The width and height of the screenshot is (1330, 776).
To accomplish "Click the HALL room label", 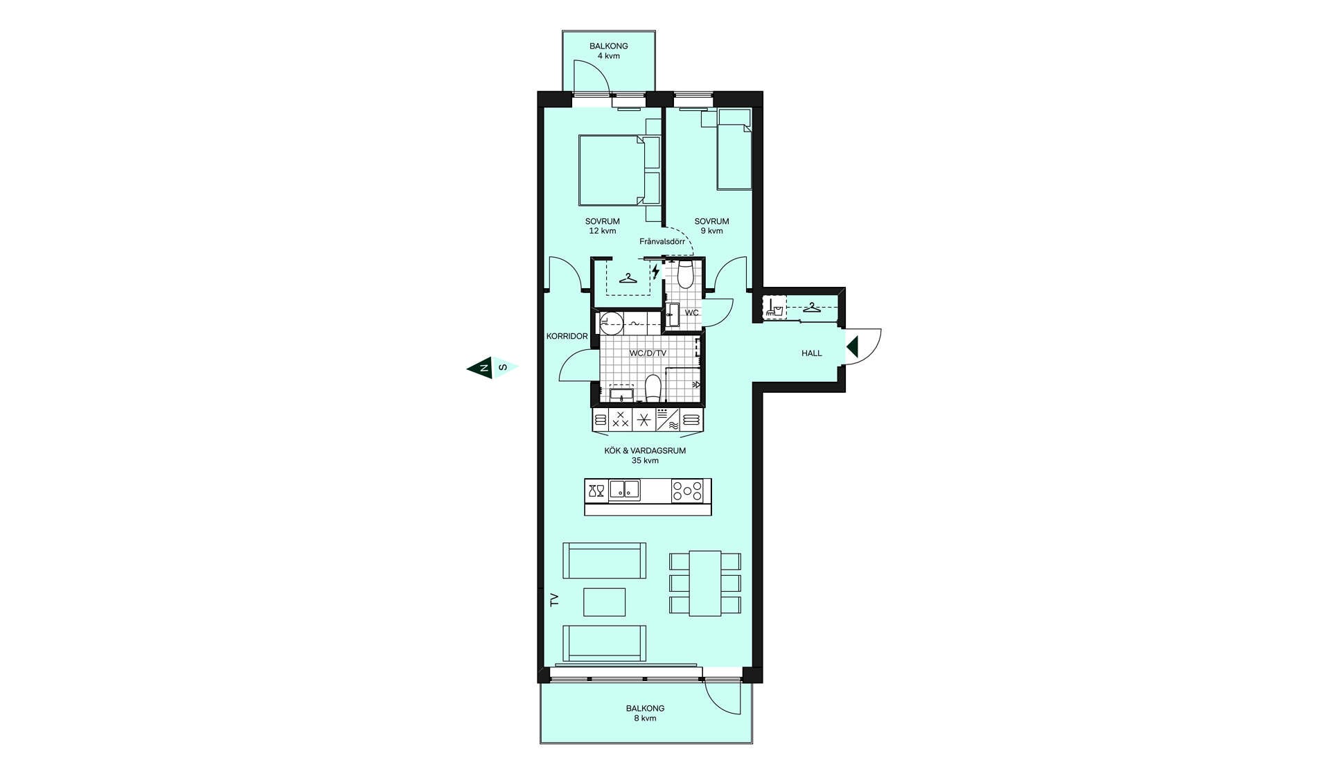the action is pyautogui.click(x=812, y=353).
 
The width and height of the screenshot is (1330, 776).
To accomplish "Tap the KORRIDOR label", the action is pyautogui.click(x=567, y=336).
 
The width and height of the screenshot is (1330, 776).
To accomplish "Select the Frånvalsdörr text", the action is pyautogui.click(x=662, y=242).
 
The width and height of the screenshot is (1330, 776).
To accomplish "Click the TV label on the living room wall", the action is pyautogui.click(x=554, y=599).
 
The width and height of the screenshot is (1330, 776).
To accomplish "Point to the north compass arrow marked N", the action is pyautogui.click(x=479, y=367).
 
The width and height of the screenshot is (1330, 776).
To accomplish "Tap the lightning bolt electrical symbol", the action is pyautogui.click(x=655, y=271).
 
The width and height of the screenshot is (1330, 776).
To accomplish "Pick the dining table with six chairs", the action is pyautogui.click(x=705, y=583).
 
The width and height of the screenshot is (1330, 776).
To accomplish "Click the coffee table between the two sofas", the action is pyautogui.click(x=605, y=602).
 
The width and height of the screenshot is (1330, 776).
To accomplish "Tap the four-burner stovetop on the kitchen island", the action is pyautogui.click(x=687, y=491).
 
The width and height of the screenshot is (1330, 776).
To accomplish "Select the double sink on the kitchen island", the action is pyautogui.click(x=625, y=491).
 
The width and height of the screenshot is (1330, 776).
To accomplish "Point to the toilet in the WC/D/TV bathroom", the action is pyautogui.click(x=653, y=389).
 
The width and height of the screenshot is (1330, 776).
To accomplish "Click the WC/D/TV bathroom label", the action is pyautogui.click(x=648, y=353).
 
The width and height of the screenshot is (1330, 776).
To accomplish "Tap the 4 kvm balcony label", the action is pyautogui.click(x=609, y=51).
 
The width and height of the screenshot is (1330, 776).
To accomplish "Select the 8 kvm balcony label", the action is pyautogui.click(x=645, y=714).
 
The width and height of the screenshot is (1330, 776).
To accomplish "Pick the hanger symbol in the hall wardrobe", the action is pyautogui.click(x=812, y=308).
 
